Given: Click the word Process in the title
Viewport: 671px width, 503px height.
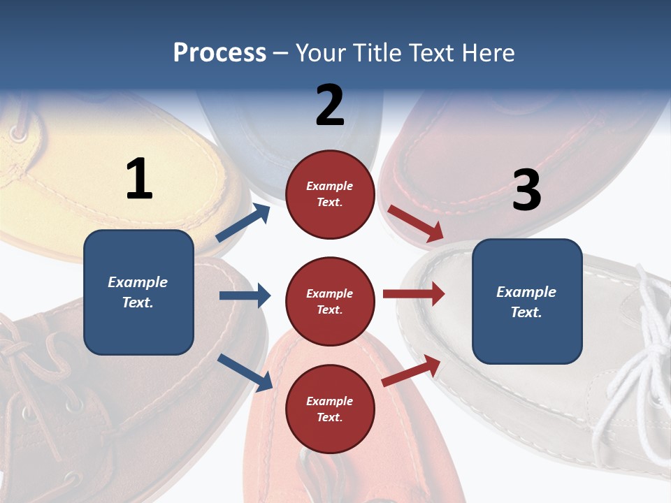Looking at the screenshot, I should click(219, 53).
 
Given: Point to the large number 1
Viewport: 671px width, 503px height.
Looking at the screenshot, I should click(140, 179).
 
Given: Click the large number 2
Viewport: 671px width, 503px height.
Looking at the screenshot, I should click(330, 105).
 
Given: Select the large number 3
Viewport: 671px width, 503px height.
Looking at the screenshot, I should click(526, 190).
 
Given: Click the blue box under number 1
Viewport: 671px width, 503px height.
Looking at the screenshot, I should click(138, 292).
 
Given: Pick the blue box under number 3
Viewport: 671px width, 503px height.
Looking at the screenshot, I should click(527, 301).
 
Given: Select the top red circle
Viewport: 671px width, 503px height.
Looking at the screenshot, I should click(330, 194).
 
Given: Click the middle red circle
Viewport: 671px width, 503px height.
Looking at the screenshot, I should click(330, 301).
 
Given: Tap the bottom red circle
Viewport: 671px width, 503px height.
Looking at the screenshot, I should click(330, 409).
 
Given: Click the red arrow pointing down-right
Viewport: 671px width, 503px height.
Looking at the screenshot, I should click(415, 224).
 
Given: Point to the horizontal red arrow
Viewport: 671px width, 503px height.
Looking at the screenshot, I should click(413, 294).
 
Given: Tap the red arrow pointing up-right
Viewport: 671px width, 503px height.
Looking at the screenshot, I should click(411, 371).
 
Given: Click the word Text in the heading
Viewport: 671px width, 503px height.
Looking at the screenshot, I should click(433, 53).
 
